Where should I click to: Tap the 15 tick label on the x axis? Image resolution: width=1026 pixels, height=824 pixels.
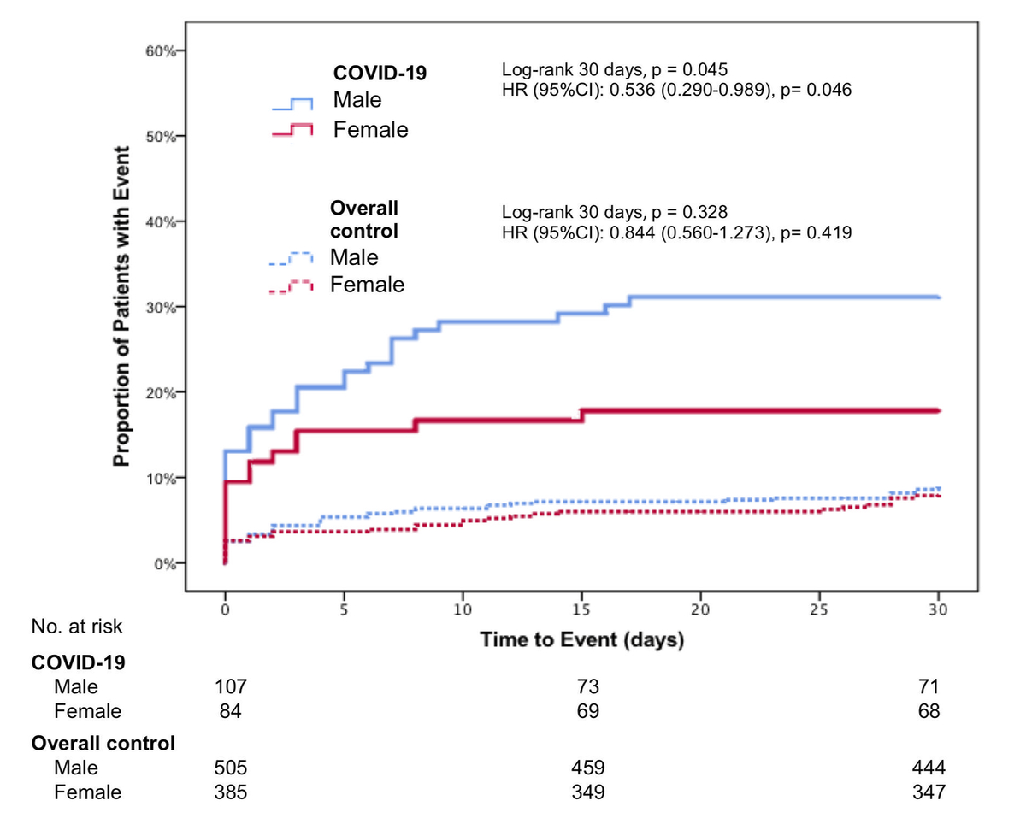pyautogui.click(x=581, y=611)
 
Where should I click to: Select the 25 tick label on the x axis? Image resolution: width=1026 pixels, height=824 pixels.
pyautogui.click(x=819, y=611)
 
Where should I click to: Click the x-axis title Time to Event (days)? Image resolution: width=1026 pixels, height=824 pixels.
pyautogui.click(x=581, y=639)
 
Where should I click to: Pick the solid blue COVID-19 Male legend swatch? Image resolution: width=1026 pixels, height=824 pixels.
pyautogui.click(x=293, y=104)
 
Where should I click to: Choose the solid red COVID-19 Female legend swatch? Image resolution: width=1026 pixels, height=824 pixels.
pyautogui.click(x=293, y=130)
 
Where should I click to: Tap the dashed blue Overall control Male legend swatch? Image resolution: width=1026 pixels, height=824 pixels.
pyautogui.click(x=293, y=258)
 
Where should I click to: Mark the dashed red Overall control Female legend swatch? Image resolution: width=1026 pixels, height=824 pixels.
pyautogui.click(x=293, y=286)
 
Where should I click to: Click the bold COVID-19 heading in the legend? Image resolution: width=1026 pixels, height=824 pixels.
pyautogui.click(x=380, y=74)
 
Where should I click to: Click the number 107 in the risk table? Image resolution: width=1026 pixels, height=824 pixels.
pyautogui.click(x=231, y=686)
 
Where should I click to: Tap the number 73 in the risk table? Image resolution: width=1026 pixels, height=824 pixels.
pyautogui.click(x=587, y=686)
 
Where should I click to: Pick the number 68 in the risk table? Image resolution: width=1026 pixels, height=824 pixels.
pyautogui.click(x=929, y=711)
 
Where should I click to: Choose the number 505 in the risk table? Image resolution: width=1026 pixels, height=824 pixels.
pyautogui.click(x=231, y=767)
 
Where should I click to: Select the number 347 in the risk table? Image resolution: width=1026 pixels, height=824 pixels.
pyautogui.click(x=929, y=792)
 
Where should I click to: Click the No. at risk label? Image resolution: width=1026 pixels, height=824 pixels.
pyautogui.click(x=77, y=627)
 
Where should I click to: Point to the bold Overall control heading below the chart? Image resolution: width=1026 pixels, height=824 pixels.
pyautogui.click(x=103, y=743)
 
